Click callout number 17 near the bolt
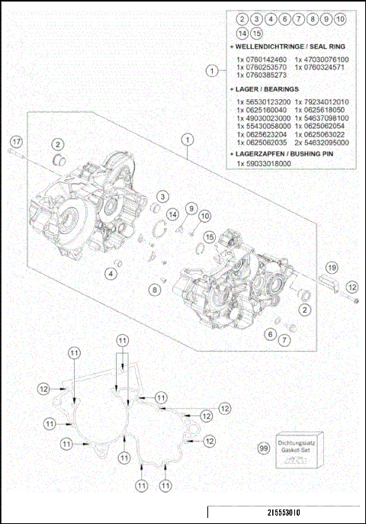(16, 142)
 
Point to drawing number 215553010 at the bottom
(272, 513)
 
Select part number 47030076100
(326, 59)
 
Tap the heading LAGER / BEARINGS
(271, 89)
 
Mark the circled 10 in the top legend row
(340, 18)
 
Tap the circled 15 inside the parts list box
(258, 33)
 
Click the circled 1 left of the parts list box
(212, 71)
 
